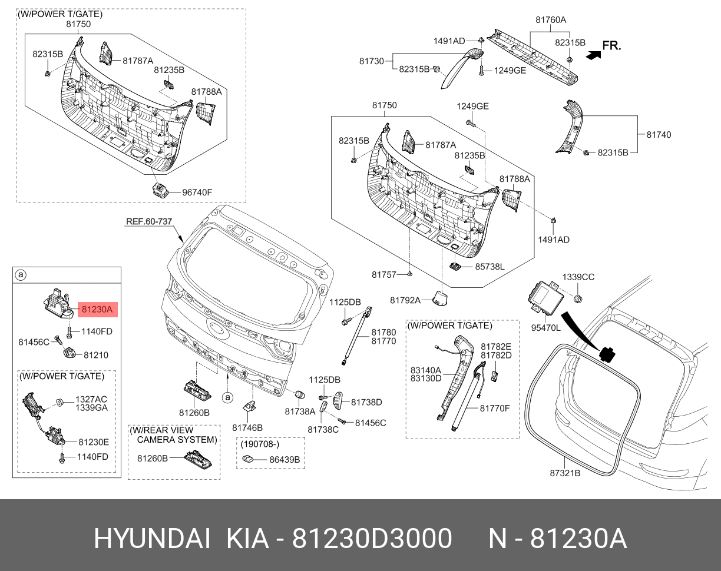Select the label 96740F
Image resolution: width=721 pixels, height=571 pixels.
click(197, 192)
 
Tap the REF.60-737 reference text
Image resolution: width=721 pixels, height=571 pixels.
click(148, 221)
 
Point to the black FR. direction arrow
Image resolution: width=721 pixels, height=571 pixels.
click(594, 54)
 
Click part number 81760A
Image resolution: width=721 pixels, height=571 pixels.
click(550, 19)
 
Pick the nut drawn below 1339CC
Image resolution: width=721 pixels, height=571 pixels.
click(578, 298)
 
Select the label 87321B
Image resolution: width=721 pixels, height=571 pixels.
click(565, 473)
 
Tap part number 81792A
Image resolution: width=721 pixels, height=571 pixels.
click(405, 300)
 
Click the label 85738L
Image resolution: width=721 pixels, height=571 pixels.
click(490, 266)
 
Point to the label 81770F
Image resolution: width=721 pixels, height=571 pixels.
click(494, 407)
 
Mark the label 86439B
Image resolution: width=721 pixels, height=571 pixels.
click(285, 459)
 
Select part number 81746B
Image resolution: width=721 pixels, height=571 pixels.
click(247, 427)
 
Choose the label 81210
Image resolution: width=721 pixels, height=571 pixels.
click(95, 355)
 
